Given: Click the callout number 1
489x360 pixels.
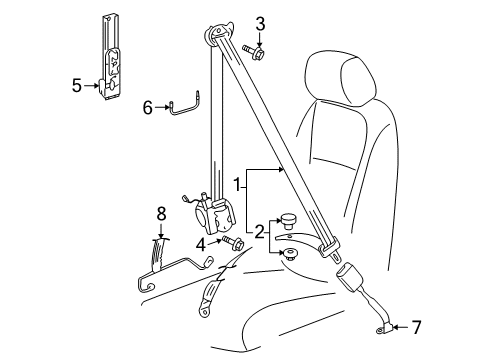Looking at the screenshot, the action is [237, 185].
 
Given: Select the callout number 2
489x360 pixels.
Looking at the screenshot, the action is [259, 232].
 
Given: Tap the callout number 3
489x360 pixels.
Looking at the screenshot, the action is [260, 24].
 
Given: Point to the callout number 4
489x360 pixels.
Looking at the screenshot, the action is [201, 246].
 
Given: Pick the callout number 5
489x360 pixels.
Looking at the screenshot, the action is [77, 86].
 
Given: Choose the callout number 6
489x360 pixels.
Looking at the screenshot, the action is [148, 107].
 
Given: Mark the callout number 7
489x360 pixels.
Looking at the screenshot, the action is [416, 327].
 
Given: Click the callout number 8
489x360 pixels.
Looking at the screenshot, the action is [161, 214].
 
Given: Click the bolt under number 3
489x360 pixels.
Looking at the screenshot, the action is [254, 52].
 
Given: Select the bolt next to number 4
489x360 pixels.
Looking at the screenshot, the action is [232, 243].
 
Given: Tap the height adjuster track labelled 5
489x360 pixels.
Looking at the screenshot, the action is [111, 58].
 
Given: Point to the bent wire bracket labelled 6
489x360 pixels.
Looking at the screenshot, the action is [184, 105].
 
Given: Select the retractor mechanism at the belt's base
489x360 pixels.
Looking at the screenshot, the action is [213, 213].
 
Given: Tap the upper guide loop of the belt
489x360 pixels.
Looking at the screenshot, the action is [218, 32].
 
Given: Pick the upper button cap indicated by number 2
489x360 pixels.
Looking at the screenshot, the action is [287, 221].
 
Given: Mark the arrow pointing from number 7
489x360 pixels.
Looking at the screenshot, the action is [401, 327].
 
